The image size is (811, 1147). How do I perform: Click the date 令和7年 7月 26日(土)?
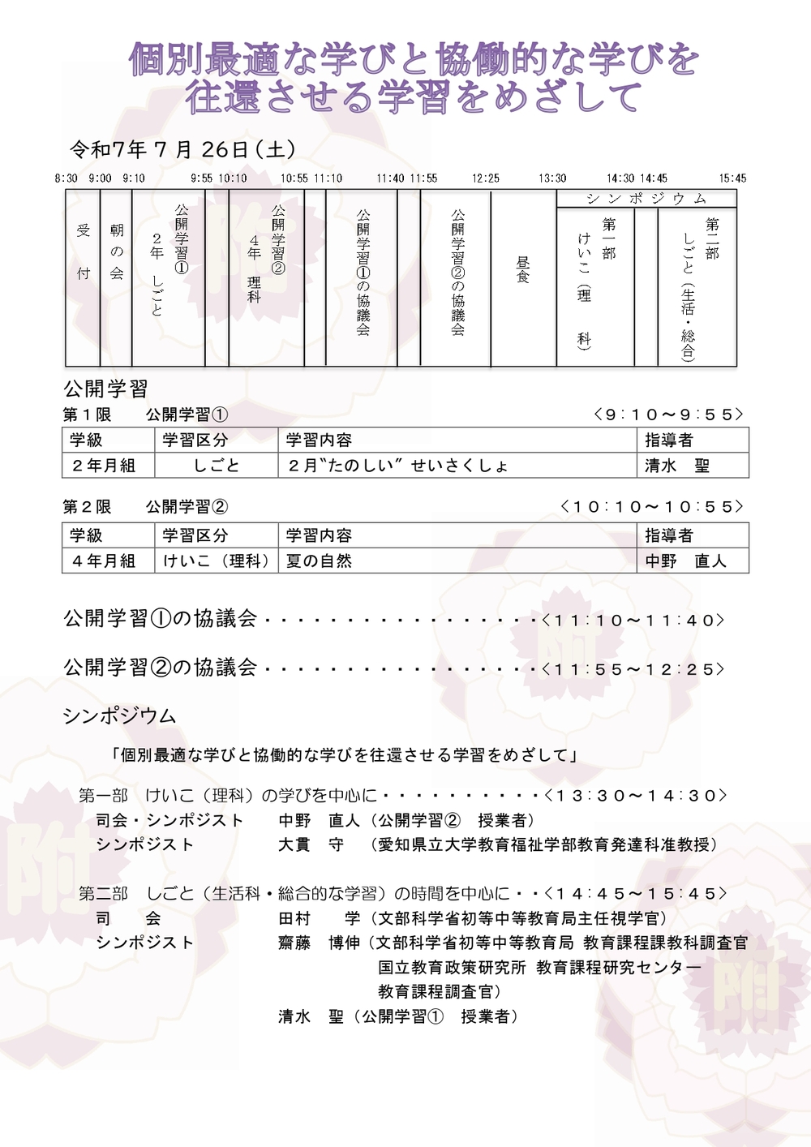click(x=182, y=149)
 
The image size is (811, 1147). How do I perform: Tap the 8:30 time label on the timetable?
click(x=67, y=178)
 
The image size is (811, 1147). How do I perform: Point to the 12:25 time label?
click(x=486, y=178)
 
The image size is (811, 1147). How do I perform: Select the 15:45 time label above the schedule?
click(x=732, y=178)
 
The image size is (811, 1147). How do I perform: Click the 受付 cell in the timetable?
click(x=84, y=251)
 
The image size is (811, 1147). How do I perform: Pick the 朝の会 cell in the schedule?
click(x=117, y=251)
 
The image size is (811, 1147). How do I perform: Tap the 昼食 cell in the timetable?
click(x=523, y=269)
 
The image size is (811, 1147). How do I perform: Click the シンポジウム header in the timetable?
click(x=646, y=199)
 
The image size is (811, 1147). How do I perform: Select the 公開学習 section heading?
click(x=105, y=389)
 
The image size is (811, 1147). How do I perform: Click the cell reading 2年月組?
click(x=104, y=466)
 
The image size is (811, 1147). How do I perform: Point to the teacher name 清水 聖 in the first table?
click(x=677, y=466)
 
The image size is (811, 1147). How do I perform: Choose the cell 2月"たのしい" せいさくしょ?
click(x=398, y=466)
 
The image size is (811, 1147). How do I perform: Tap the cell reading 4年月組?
click(x=104, y=561)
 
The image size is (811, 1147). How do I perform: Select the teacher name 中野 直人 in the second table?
click(x=685, y=561)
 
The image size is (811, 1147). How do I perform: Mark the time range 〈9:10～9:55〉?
click(x=668, y=415)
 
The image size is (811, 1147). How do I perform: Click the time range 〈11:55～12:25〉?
click(x=633, y=669)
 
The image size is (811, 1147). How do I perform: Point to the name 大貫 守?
click(x=311, y=844)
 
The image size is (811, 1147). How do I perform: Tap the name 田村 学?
click(x=319, y=918)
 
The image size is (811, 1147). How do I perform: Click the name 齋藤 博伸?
click(x=319, y=943)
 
